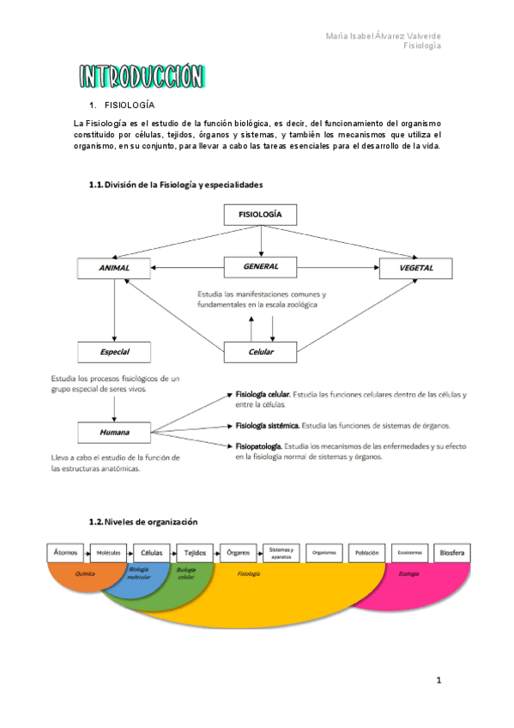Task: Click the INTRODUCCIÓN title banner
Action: coord(142,77)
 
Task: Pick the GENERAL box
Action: coord(260,267)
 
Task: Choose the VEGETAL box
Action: coord(416,268)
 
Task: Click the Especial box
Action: coord(114,352)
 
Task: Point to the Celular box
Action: coord(260,352)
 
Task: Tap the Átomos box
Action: coord(65,553)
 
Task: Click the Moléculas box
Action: coord(108,553)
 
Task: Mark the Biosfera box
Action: coord(451,553)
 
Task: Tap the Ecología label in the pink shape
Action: coord(409,573)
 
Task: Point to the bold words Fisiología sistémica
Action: coord(268,426)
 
